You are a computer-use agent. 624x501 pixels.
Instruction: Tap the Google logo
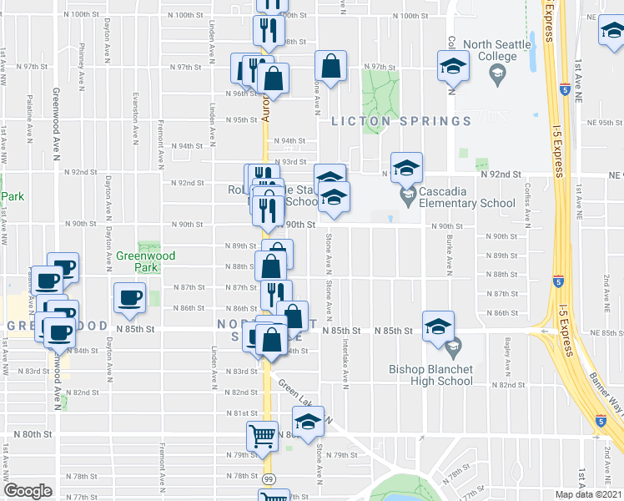(x=28, y=491)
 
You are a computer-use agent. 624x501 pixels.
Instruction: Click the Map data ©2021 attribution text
(x=588, y=494)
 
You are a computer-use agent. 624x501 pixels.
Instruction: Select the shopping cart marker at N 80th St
(x=262, y=436)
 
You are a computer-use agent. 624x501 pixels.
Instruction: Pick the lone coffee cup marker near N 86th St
(x=130, y=298)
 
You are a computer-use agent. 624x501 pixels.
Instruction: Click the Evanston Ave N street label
(x=134, y=104)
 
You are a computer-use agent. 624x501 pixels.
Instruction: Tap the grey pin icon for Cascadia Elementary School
(x=408, y=198)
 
